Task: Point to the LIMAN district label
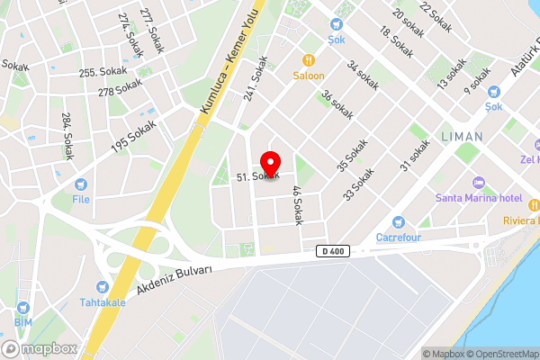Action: [463, 137]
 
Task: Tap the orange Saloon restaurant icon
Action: [308, 60]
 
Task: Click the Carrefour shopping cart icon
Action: [400, 222]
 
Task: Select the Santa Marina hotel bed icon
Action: [479, 183]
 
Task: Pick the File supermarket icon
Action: [81, 184]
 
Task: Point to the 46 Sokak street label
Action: [296, 205]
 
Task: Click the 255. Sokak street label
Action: [100, 73]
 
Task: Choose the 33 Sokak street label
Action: [357, 184]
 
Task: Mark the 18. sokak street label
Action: [396, 42]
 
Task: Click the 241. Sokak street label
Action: [256, 77]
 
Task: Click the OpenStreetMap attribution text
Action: [500, 354]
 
